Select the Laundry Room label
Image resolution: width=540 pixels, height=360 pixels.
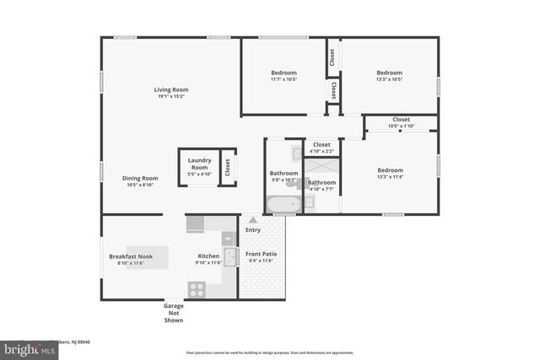[x=199, y=164]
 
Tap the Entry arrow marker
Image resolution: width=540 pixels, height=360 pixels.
[x=252, y=220]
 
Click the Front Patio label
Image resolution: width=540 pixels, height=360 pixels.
[x=261, y=256]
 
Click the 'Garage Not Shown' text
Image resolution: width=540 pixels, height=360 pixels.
[x=174, y=313]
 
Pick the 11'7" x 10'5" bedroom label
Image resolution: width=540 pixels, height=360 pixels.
[x=283, y=76]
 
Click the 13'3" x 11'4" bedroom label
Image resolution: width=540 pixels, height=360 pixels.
[x=390, y=173]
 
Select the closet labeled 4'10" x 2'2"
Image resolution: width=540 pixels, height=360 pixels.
[x=321, y=148]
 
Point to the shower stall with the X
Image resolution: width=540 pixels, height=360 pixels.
[x=321, y=168]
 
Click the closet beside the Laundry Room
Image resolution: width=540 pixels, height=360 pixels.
[x=227, y=167]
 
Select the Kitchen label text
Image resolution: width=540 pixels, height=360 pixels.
[x=208, y=256]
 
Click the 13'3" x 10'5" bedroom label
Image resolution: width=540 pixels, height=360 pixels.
[x=389, y=76]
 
